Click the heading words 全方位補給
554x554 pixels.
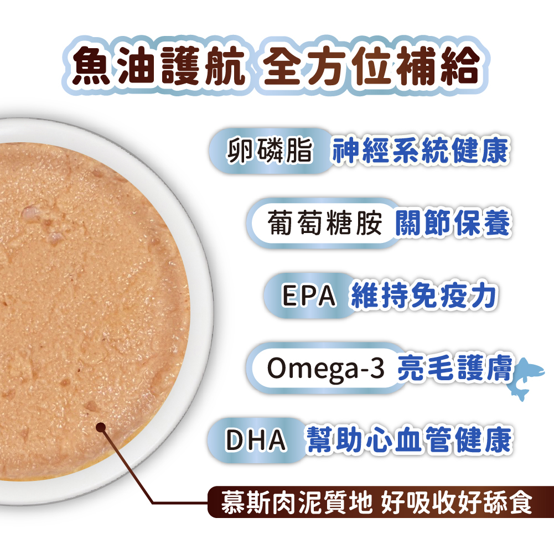[x=371, y=66]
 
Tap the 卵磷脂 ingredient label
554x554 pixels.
[x=270, y=151]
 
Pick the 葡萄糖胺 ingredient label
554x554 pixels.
[x=324, y=222]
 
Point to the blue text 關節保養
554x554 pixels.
[x=453, y=222]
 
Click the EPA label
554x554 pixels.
[x=309, y=296]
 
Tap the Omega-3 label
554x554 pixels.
[x=325, y=368]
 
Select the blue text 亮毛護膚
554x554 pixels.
[x=455, y=368]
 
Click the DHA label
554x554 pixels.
[x=256, y=440]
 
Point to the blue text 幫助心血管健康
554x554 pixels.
[x=409, y=440]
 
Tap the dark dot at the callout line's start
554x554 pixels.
[x=101, y=427]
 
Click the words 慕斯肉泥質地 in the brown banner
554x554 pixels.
[x=297, y=503]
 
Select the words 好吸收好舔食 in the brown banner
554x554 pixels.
[x=457, y=503]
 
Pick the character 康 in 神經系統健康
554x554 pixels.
[x=495, y=151]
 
